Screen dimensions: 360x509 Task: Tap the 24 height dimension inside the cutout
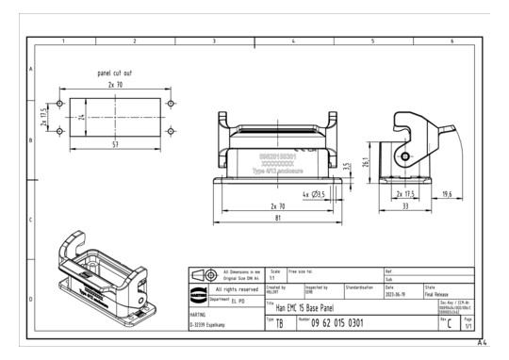(x=83, y=118)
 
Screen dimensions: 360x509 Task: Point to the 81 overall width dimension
(x=278, y=218)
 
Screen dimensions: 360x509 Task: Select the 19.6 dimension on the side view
(x=445, y=194)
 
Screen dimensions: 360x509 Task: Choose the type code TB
(x=280, y=324)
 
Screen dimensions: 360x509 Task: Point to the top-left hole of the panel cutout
(x=60, y=103)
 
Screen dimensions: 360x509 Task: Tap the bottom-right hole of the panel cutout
(x=171, y=132)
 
